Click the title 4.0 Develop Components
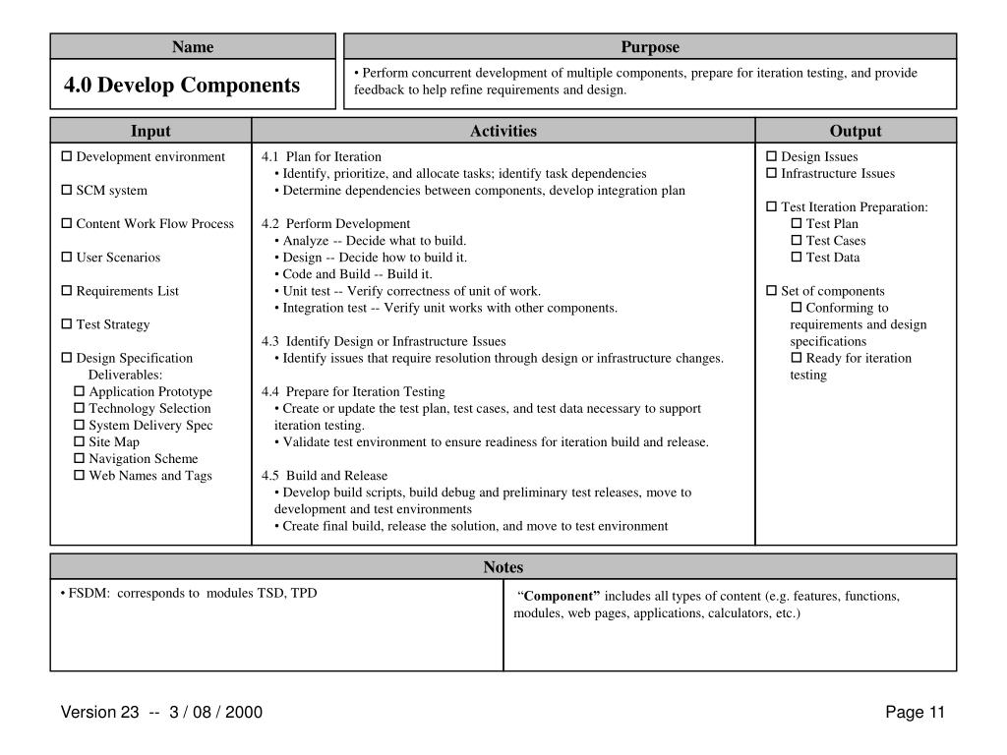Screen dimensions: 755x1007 pos(182,86)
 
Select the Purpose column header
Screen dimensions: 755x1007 pos(649,46)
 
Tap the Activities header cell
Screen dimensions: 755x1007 pos(503,131)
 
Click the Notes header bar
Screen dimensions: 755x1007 pos(503,567)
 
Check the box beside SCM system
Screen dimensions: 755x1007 pos(67,191)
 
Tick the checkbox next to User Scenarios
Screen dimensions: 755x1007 pos(67,258)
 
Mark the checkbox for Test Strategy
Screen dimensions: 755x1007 pos(67,324)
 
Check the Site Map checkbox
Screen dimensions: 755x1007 pos(80,442)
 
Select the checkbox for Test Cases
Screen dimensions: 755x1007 pos(797,241)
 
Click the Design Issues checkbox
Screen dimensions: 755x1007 pos(772,157)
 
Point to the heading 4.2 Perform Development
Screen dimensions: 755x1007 pos(335,224)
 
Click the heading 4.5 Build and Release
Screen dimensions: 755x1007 pos(325,476)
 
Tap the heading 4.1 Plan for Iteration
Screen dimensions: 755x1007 pos(322,157)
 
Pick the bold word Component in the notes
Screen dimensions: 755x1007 pos(563,597)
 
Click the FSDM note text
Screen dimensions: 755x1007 pos(188,594)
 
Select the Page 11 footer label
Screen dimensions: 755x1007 pos(915,713)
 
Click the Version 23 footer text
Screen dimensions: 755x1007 pos(161,713)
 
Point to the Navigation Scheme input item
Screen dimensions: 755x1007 pos(143,459)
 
